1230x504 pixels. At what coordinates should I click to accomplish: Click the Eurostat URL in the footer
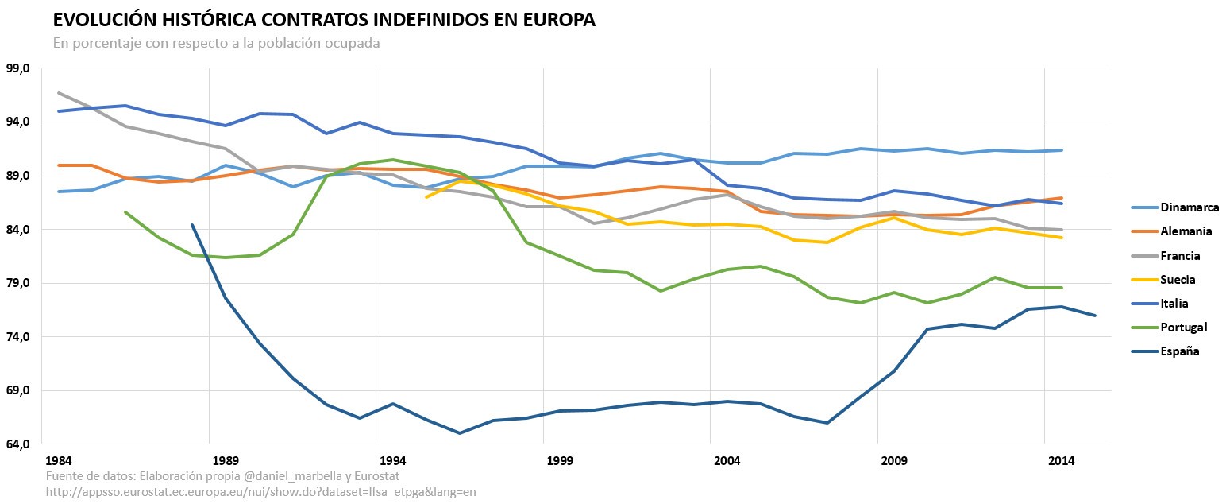(x=261, y=492)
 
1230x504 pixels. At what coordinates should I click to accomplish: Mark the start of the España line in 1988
(x=192, y=225)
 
